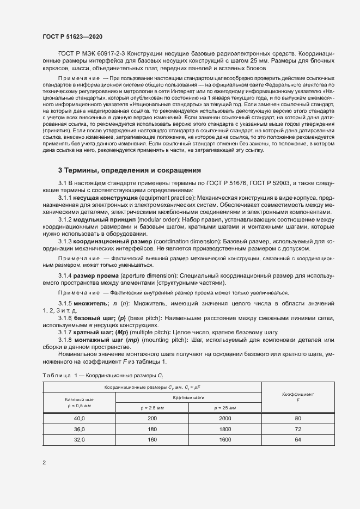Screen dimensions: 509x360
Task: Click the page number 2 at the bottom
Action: tap(44, 463)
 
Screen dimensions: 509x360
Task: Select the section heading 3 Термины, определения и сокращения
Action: tap(130, 170)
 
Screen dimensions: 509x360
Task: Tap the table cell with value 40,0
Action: tap(80, 418)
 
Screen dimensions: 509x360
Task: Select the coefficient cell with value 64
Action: tap(298, 439)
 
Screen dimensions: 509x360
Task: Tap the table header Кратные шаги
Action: tap(188, 397)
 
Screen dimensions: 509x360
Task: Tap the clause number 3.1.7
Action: tap(65, 332)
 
